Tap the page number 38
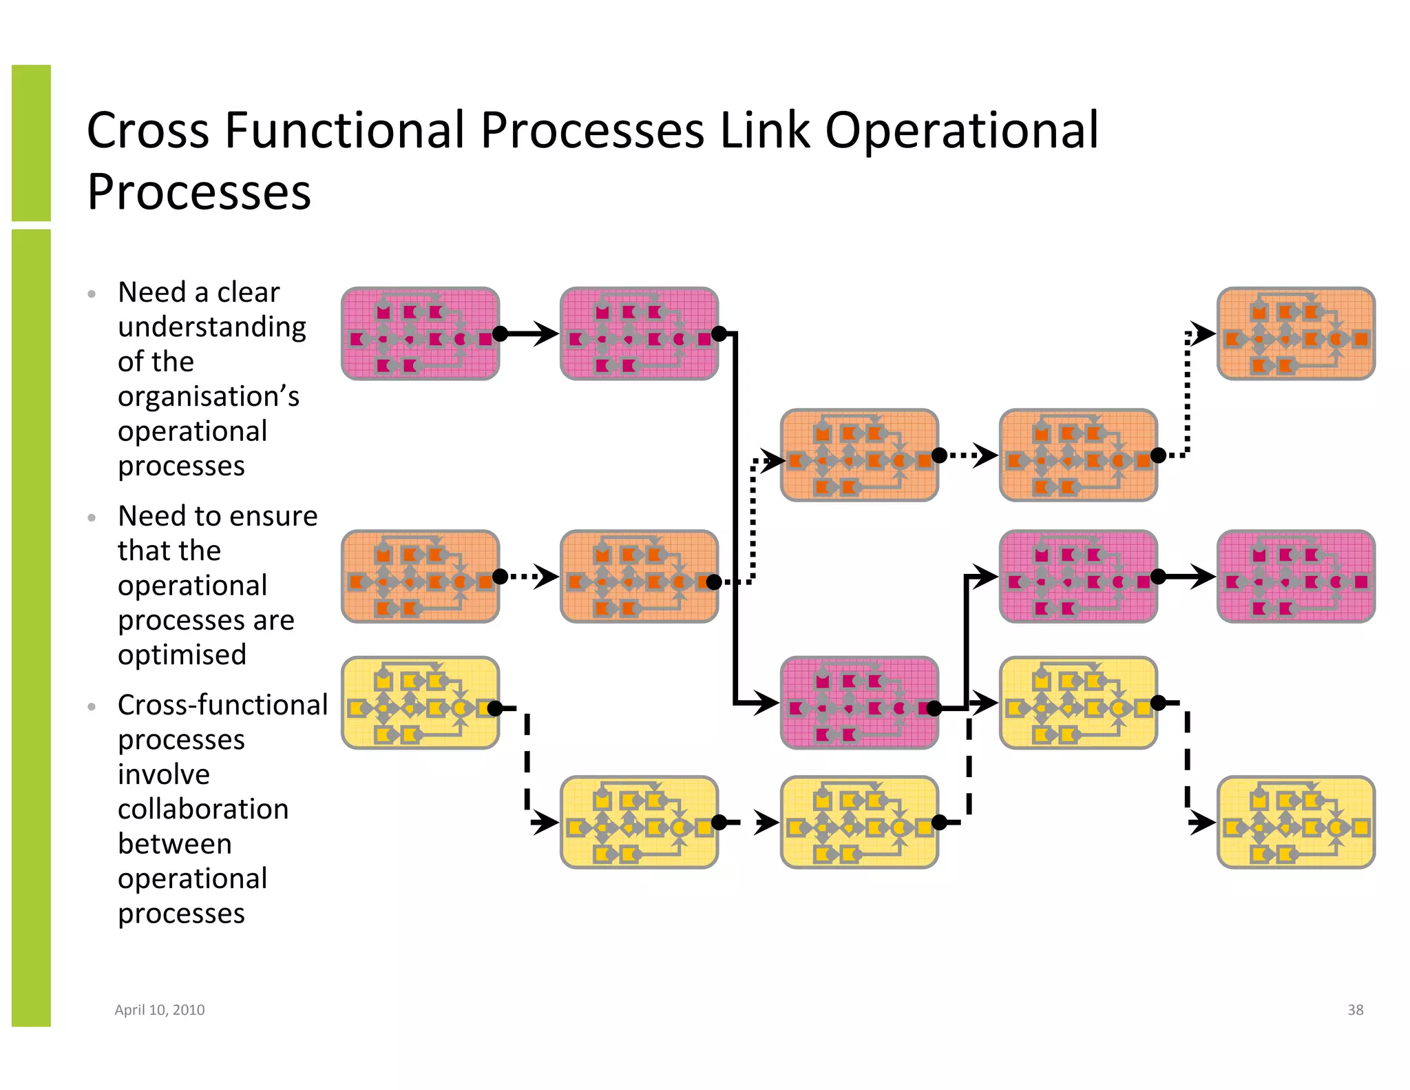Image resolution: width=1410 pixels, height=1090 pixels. point(1355,1009)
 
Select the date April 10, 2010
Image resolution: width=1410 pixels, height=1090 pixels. point(160,1009)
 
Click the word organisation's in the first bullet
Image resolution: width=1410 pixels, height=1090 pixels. point(209,397)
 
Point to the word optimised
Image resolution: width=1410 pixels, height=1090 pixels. point(182,654)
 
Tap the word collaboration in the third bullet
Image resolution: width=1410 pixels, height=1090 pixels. point(203,809)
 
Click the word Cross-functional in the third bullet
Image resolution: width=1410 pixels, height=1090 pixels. point(222,705)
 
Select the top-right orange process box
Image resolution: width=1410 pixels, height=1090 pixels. point(1296,334)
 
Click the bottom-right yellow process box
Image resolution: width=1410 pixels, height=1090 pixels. point(1296,822)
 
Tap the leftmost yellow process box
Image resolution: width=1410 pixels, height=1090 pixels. point(420,703)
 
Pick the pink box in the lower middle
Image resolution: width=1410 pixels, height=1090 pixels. point(859,703)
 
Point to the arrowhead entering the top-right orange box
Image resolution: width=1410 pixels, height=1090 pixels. point(1204,334)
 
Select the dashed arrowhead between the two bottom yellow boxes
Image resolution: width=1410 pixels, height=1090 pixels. point(766,822)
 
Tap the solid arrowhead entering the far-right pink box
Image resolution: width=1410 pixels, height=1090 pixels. point(1203,576)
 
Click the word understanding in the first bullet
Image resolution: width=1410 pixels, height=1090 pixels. point(211,327)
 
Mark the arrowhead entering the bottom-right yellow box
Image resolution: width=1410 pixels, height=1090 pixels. point(1203,822)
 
